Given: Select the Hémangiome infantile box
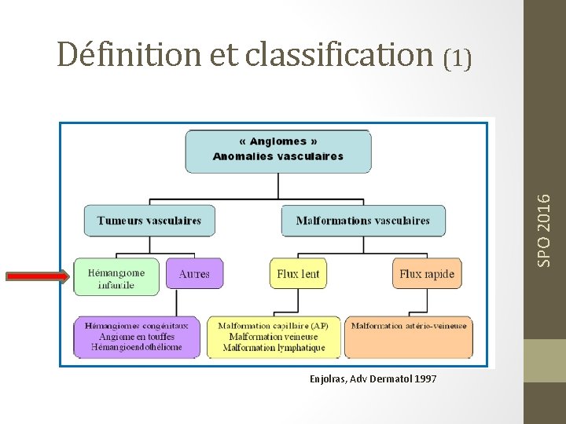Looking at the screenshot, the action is [116, 278].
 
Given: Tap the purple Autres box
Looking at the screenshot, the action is [194, 274].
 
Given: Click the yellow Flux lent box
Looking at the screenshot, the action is [298, 274].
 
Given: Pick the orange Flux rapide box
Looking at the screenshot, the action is [426, 274].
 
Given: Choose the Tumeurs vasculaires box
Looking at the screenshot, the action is [149, 221].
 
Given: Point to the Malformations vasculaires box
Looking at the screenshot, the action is [362, 221].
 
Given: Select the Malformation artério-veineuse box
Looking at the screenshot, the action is [409, 326].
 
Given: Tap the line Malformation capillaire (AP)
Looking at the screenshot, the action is [274, 326].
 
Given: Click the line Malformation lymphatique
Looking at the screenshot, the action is [274, 347].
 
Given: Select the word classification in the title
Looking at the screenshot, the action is [339, 54].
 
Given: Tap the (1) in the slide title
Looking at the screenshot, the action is [458, 58].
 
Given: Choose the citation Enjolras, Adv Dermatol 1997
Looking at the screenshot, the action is [373, 379].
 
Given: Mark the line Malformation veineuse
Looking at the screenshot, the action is [274, 337].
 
